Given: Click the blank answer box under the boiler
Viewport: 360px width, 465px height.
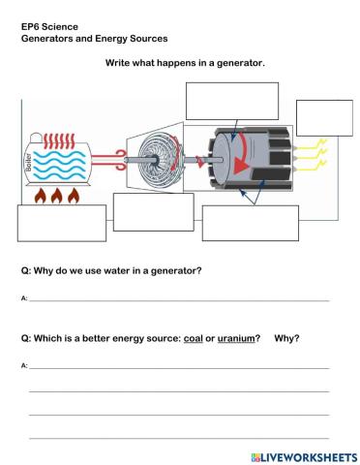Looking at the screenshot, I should [61, 223].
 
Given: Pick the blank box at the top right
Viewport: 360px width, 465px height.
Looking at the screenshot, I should [317, 117].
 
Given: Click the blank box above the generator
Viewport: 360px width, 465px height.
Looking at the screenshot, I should [231, 101].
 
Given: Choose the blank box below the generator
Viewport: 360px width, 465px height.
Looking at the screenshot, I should [250, 223].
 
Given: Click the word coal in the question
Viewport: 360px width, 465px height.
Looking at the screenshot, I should [192, 338].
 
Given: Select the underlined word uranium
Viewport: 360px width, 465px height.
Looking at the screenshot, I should [235, 338].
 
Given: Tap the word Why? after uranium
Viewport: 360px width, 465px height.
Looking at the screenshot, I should [286, 338].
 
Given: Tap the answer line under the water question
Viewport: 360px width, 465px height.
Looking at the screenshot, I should [179, 300].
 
